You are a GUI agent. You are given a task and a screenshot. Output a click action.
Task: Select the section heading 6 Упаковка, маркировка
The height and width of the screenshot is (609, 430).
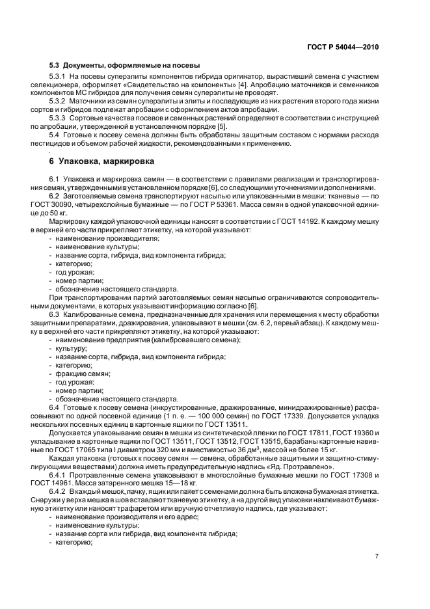click(101, 160)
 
